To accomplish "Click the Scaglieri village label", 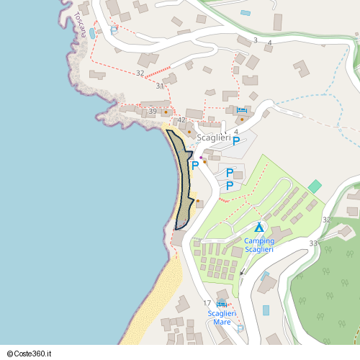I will (x=214, y=138).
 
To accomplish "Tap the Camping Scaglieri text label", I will (x=259, y=245).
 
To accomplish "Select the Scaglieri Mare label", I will (x=222, y=318).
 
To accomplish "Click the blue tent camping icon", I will (x=259, y=228).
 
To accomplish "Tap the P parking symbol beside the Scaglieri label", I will (x=236, y=142).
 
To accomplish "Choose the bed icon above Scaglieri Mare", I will (x=222, y=305).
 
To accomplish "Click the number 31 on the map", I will (x=160, y=86).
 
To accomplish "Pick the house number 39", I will (x=153, y=111).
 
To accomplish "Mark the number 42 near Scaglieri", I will (x=181, y=120).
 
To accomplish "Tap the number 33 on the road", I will (x=313, y=243).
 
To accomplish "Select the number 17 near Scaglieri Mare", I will (x=207, y=303).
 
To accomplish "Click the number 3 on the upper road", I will (x=255, y=40).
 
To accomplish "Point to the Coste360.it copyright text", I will (x=35, y=354).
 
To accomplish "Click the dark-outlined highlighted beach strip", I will (x=183, y=180).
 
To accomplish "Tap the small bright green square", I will (x=315, y=186).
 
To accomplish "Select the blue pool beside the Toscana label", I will (x=91, y=33).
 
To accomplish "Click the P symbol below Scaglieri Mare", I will (x=240, y=329).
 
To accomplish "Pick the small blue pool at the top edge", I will (x=246, y=13).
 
